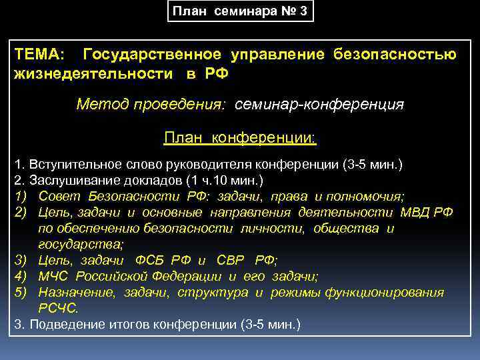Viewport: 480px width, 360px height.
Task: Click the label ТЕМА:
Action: click(x=39, y=55)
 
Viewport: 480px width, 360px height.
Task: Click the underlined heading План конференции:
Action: click(x=240, y=138)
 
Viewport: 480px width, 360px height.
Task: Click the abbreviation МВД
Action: click(x=413, y=213)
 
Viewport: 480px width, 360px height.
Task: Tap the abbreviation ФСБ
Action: click(x=151, y=261)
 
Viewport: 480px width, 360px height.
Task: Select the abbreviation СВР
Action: click(x=233, y=261)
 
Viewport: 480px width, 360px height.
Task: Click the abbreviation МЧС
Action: click(x=54, y=277)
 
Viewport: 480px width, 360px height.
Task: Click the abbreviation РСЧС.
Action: click(x=58, y=309)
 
